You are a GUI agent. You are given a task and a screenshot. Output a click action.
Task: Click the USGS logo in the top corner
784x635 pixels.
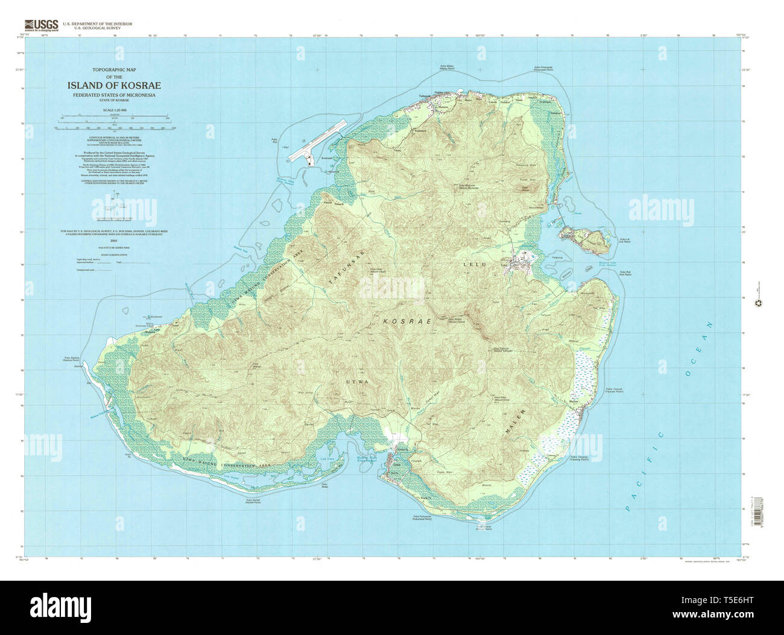[41, 25]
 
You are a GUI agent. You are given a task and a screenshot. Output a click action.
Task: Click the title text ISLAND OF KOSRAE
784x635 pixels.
[114, 86]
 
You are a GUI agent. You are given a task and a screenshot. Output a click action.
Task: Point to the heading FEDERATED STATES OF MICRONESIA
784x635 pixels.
[114, 95]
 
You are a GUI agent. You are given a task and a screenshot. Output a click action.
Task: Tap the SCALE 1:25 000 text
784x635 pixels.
[114, 109]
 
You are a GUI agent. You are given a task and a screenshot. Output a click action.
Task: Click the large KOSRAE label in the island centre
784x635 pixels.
[408, 322]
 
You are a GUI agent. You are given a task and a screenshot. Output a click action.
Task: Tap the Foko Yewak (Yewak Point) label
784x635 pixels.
[614, 391]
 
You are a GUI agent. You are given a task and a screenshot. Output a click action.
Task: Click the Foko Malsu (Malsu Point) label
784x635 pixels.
[447, 68]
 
